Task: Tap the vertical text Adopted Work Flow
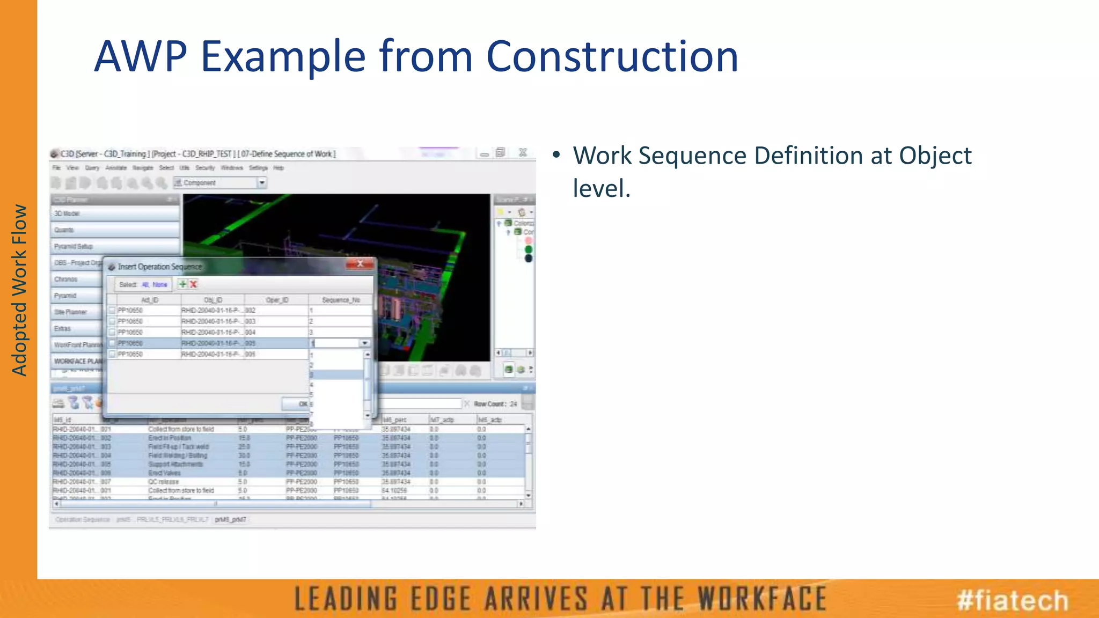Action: (19, 290)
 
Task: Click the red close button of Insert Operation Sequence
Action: (360, 264)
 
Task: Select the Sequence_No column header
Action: (341, 300)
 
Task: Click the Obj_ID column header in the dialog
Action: (213, 300)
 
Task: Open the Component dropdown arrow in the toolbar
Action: (262, 183)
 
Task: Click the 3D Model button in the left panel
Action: (115, 214)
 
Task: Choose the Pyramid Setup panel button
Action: (115, 246)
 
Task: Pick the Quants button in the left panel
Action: (115, 230)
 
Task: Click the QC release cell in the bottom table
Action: (164, 482)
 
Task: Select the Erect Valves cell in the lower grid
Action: (165, 473)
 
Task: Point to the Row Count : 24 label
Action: (495, 404)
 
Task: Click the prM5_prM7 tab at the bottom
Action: (231, 520)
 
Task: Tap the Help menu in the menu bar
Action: (279, 168)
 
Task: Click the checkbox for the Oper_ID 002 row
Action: (112, 310)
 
